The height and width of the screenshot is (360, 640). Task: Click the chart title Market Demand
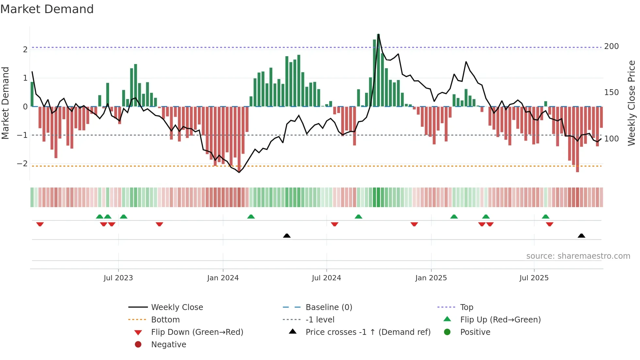[x=47, y=9]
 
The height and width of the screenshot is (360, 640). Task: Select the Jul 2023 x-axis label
[x=118, y=278]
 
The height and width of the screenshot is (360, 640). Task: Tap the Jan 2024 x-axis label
[x=223, y=278]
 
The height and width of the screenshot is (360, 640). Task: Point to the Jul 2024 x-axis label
[x=326, y=278]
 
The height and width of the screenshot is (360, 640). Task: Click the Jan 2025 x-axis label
[x=431, y=278]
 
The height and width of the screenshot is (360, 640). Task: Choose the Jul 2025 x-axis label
[x=534, y=278]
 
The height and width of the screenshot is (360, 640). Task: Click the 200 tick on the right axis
[x=611, y=46]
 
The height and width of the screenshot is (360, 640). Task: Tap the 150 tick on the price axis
[x=611, y=92]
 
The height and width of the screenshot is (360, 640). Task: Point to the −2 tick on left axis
[x=22, y=164]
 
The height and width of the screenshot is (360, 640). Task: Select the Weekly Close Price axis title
[x=632, y=103]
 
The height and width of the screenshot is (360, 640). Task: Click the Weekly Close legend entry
[x=177, y=307]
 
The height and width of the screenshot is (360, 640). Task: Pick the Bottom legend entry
[x=165, y=320]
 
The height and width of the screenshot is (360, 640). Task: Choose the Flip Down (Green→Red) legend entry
[x=197, y=332]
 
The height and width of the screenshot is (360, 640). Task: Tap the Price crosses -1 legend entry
[x=368, y=332]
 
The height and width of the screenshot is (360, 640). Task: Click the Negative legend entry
[x=168, y=345]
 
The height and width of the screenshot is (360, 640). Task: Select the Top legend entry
[x=466, y=307]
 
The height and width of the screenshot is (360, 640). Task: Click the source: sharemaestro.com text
[x=578, y=256]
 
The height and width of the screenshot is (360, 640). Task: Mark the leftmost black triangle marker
[x=287, y=236]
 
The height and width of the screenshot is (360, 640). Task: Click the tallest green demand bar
[x=378, y=70]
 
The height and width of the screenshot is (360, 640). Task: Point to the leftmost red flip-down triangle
[x=40, y=224]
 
